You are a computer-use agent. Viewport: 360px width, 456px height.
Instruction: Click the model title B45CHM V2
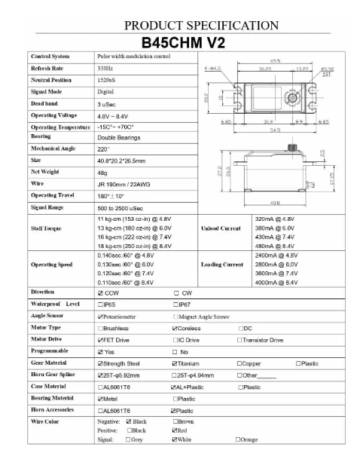click(x=180, y=40)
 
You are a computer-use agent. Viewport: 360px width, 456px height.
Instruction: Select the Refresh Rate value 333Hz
click(x=105, y=69)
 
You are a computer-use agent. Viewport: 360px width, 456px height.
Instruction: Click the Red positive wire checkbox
click(x=175, y=428)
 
